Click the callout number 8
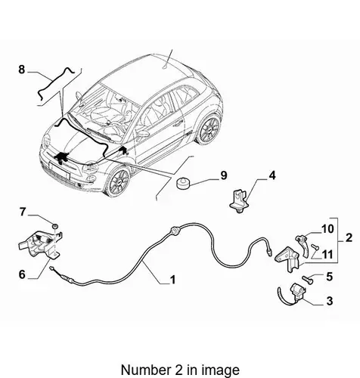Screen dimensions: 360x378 (22, 70)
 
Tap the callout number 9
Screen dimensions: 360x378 (224, 175)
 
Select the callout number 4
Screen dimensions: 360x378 (272, 175)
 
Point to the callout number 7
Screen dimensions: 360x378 (23, 212)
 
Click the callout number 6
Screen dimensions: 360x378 (22, 274)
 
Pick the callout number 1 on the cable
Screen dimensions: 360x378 (172, 280)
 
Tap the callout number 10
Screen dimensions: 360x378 (327, 229)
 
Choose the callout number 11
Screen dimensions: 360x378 (327, 255)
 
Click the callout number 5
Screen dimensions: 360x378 (330, 277)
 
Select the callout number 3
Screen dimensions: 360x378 (330, 301)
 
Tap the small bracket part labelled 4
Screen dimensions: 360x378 (238, 202)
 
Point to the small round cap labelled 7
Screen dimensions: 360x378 (55, 225)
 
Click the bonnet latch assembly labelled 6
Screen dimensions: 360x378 (40, 244)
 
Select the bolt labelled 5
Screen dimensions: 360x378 (307, 279)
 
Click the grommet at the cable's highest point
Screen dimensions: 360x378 (174, 231)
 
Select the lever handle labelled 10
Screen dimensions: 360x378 (303, 246)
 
